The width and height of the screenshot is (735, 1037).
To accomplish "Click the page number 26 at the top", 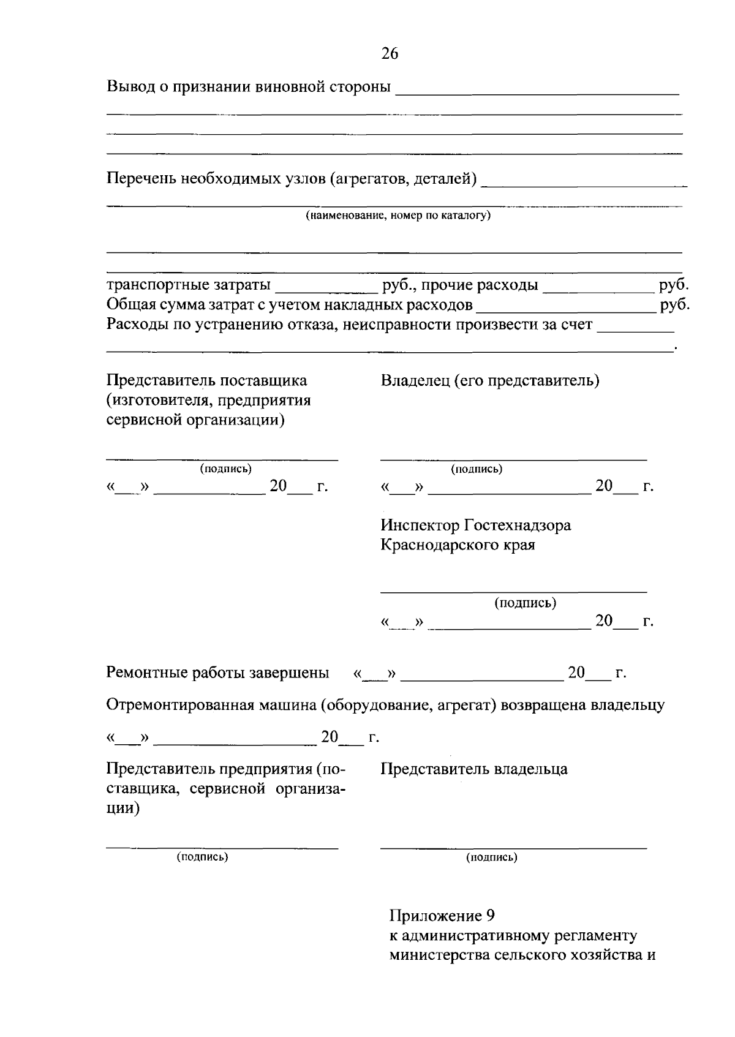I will tap(390, 54).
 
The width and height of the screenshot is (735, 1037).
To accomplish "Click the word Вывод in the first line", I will tap(131, 86).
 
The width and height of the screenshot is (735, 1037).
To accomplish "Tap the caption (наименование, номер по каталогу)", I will tap(398, 216).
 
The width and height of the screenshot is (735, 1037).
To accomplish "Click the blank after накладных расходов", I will tap(567, 306).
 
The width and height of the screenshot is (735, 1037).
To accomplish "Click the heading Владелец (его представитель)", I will tap(490, 381).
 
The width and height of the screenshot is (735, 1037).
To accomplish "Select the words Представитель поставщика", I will tap(207, 381).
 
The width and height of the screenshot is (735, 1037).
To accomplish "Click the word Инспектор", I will tap(420, 526).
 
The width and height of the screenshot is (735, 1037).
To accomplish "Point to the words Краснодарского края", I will tap(458, 545).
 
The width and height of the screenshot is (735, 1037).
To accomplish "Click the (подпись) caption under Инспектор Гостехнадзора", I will tap(525, 603).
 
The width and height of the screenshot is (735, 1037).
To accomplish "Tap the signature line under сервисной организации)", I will tap(222, 459).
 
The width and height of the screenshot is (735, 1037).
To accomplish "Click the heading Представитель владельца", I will tap(473, 769).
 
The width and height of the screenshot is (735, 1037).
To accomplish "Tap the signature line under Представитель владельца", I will tap(513, 848).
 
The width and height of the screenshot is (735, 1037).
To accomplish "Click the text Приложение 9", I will tap(442, 916).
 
